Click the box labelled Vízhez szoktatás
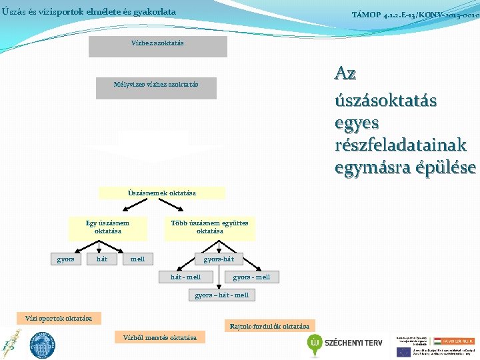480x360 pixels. pos(158,46)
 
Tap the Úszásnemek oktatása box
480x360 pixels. pos(162,193)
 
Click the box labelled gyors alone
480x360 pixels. pos(65,259)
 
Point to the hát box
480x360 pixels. pos(102,259)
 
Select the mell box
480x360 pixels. pos(138,259)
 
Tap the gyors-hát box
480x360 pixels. pos(219,259)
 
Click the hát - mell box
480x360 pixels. pos(185,277)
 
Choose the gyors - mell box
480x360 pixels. pos(251,277)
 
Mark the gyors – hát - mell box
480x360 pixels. pos(221,295)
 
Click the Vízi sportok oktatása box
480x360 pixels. pos(59,318)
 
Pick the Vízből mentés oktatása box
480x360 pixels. pos(160,337)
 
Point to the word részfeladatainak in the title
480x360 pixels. pos(401,145)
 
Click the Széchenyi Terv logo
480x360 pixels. pos(345,343)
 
